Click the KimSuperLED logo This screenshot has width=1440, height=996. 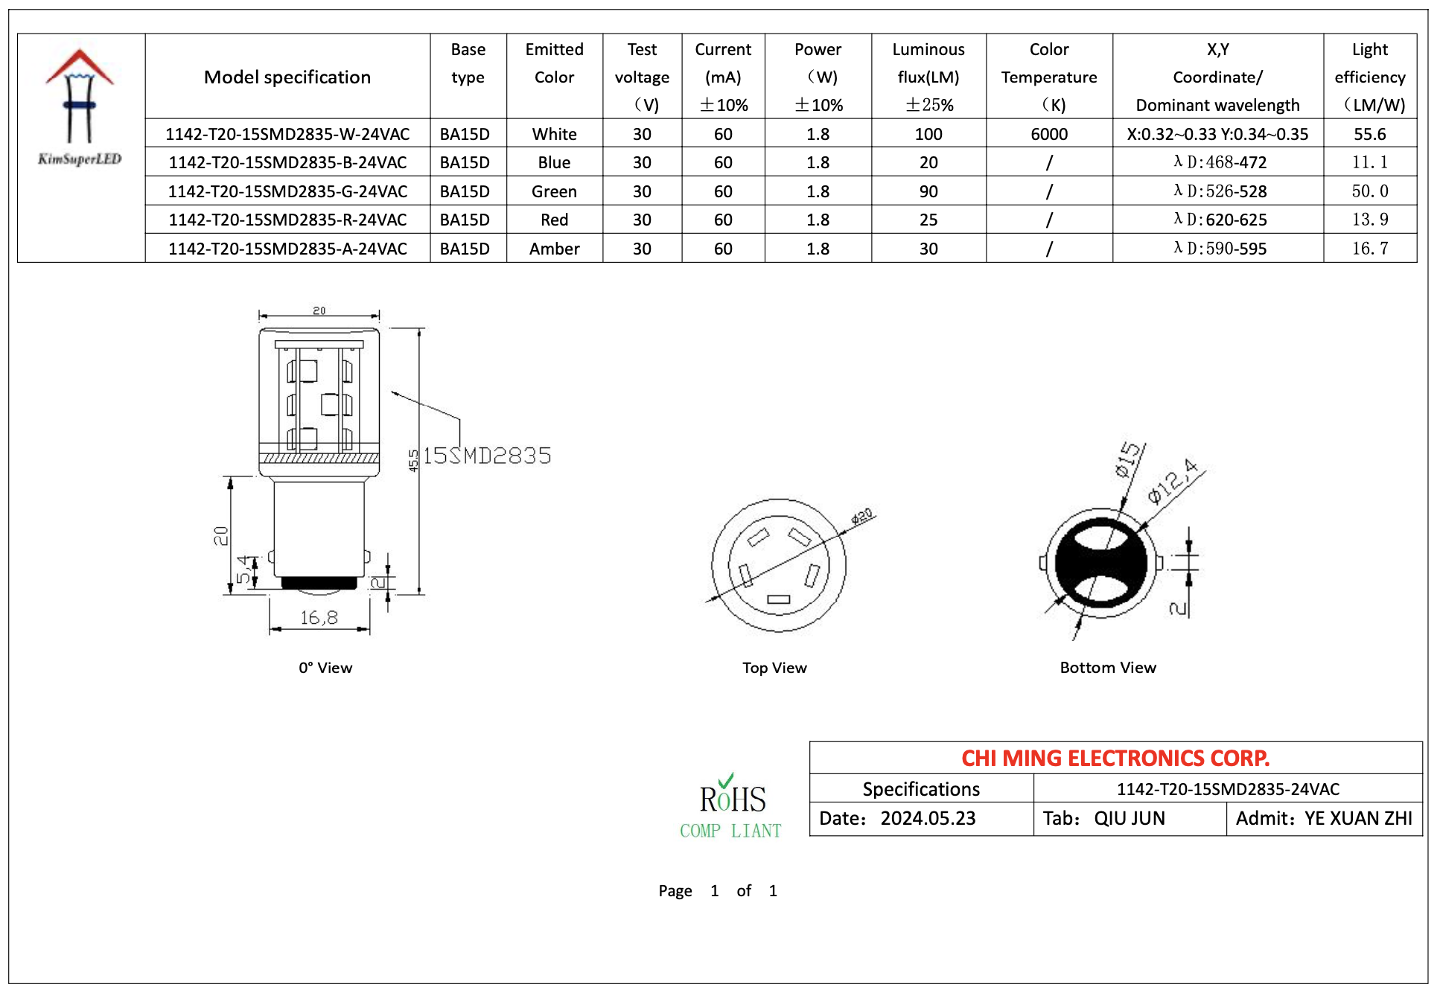coord(80,107)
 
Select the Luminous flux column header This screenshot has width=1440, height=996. coord(928,77)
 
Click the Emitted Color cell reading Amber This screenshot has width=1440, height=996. coord(554,249)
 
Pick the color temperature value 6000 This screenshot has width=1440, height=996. coord(1049,134)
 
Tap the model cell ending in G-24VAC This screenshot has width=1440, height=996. coord(287,191)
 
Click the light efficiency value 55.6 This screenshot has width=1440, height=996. coord(1370,134)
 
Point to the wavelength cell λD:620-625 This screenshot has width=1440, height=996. coord(1220,220)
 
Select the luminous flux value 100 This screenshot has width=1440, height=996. coord(928,134)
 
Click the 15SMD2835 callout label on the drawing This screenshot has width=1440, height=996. coord(487,456)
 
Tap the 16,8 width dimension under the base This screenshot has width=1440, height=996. coord(319,617)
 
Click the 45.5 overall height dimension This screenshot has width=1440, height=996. coord(413,460)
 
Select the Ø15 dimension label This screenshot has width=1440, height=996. coord(1127,459)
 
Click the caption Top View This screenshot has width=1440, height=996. coord(774,668)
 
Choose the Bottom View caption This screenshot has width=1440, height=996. coord(1108,668)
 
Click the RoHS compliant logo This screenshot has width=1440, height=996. coord(731,806)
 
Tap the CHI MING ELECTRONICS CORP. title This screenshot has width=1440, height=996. coord(1115,758)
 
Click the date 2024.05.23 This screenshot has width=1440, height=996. coord(928,819)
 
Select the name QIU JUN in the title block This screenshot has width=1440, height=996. coord(1130,819)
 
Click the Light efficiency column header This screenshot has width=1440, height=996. coord(1370,77)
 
